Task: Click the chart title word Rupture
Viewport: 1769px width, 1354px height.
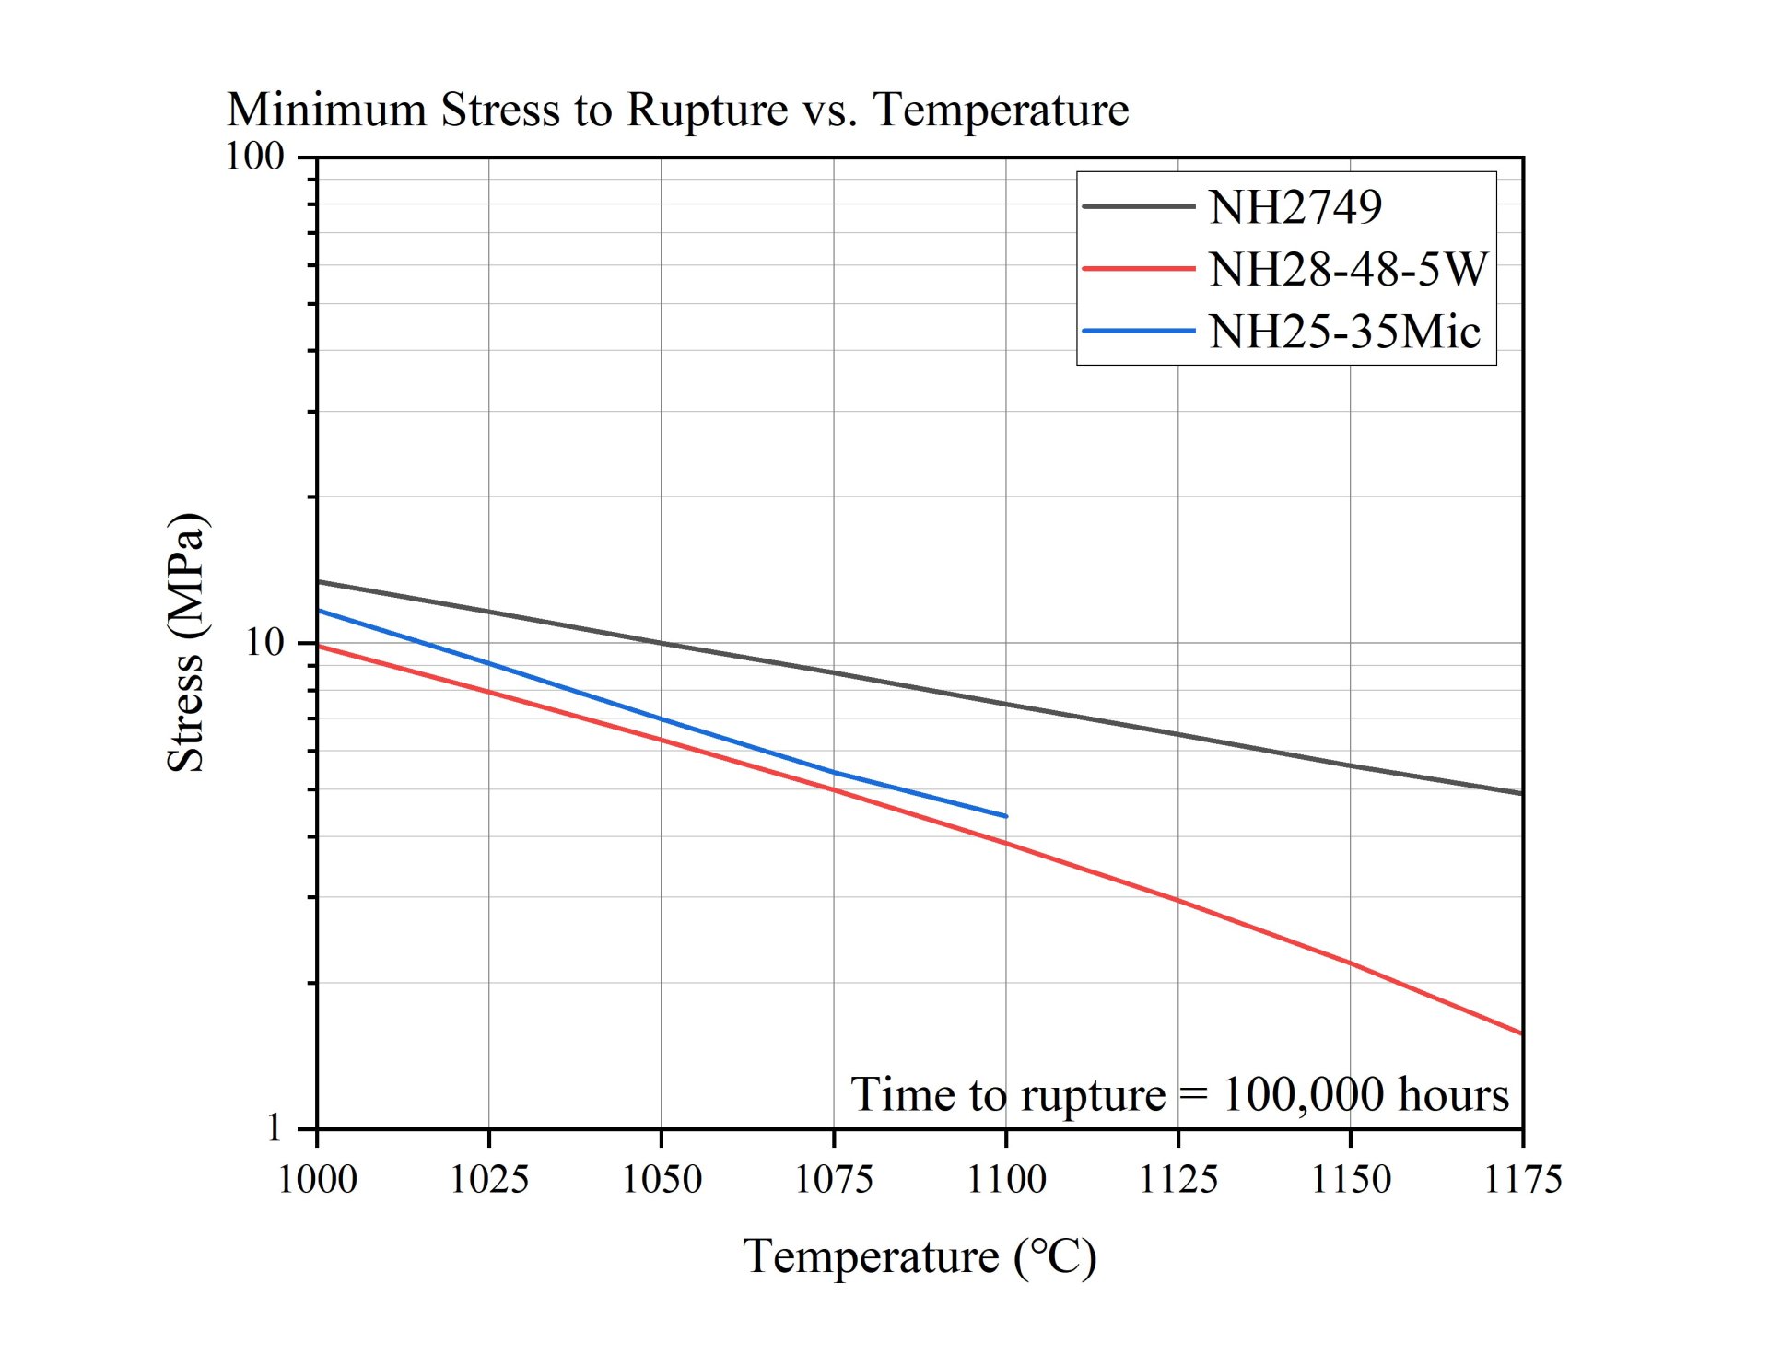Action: point(707,111)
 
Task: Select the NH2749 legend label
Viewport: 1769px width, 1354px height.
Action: point(1295,207)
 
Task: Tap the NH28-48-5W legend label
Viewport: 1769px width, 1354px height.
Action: point(1348,270)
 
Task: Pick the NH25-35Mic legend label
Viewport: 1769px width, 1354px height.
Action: point(1344,332)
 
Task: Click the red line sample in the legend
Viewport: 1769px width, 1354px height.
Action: point(1138,269)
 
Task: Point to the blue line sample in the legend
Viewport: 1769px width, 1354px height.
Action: point(1138,331)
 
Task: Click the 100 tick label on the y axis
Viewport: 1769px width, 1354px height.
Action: point(255,157)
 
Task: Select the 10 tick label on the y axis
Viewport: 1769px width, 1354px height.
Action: point(264,642)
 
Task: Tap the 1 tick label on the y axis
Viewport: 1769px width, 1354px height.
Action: point(274,1127)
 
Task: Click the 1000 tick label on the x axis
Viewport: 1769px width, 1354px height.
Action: point(317,1180)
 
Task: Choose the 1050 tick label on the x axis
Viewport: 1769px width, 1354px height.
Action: point(662,1180)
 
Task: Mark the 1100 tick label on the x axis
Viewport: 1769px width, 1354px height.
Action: point(1006,1180)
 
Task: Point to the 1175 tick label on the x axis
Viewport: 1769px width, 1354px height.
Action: point(1522,1180)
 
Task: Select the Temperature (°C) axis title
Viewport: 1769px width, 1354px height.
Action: point(920,1257)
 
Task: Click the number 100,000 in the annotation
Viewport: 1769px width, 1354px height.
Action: point(1303,1095)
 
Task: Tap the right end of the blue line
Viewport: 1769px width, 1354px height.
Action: point(1006,816)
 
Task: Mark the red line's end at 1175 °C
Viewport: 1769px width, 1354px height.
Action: point(1521,1033)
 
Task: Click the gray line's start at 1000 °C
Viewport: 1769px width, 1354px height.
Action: point(318,582)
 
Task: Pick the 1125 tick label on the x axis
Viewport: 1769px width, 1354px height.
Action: point(1178,1180)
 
